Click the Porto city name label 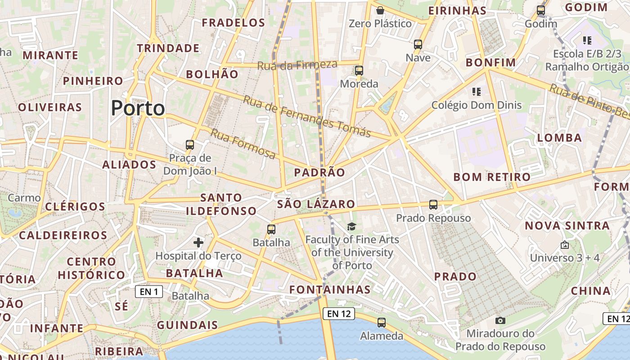coord(138,108)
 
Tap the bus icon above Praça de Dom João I coord(190,145)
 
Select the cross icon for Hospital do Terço coord(198,243)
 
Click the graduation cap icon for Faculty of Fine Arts coord(351,226)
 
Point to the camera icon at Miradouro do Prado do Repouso coord(500,320)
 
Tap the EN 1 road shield coord(149,292)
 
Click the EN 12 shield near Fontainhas coord(339,314)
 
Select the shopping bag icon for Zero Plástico coord(380,10)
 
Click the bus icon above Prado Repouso coord(433,205)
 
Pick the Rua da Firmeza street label coord(297,65)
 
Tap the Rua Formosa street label coord(243,144)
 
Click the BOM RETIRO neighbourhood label coord(492,177)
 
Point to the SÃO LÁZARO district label coord(316,204)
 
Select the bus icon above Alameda coord(382,322)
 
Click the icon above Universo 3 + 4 coord(565,245)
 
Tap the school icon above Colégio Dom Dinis coord(477,92)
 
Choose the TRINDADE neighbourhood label coord(168,48)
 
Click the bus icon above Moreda coord(359,71)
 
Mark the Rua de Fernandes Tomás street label coord(307,116)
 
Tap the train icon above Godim coord(541,10)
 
